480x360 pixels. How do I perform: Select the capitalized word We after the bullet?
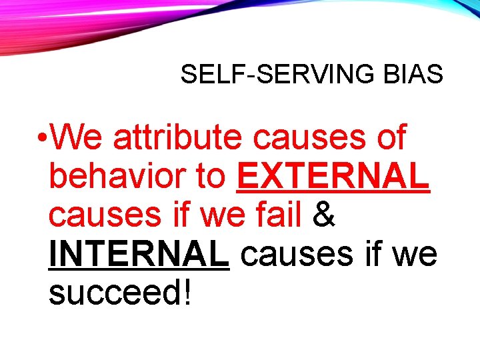[x=78, y=138]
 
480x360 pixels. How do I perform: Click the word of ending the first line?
[x=387, y=138]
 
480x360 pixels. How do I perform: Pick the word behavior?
[x=117, y=177]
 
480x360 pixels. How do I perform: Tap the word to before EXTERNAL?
[x=211, y=177]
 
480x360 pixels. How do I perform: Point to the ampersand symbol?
[x=323, y=215]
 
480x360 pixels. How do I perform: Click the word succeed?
[x=113, y=293]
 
